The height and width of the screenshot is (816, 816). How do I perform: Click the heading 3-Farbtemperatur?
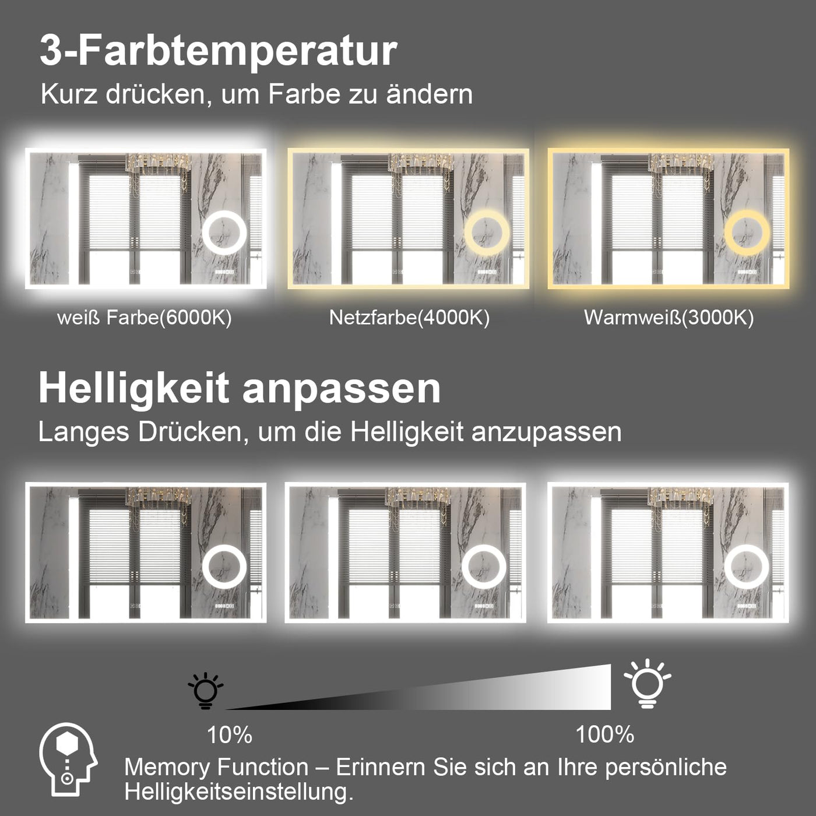pos(219,51)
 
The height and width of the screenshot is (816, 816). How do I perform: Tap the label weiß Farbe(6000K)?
pos(145,318)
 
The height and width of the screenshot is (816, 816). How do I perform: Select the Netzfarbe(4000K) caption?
pos(409,318)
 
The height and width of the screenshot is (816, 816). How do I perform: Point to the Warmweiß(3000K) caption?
pos(669,318)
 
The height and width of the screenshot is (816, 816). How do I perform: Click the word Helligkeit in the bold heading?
pos(133,389)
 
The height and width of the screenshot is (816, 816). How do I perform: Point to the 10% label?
pos(230,735)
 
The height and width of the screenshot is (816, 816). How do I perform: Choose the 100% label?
pos(604,734)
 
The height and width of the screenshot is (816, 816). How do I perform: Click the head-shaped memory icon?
pos(68,759)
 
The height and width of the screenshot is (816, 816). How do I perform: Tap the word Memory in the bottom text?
pos(166,768)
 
